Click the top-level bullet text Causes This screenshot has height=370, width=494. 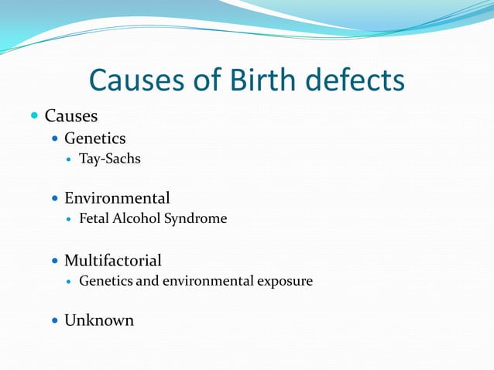[71, 116]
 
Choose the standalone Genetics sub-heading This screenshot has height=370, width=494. [94, 139]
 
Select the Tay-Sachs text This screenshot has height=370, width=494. [110, 159]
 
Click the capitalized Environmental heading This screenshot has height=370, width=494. [117, 198]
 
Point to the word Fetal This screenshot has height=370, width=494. [94, 219]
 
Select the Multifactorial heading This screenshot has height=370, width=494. [113, 260]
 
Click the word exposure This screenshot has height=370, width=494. [286, 281]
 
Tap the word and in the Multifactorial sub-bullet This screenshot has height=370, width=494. [147, 281]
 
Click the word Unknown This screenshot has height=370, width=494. [99, 320]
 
